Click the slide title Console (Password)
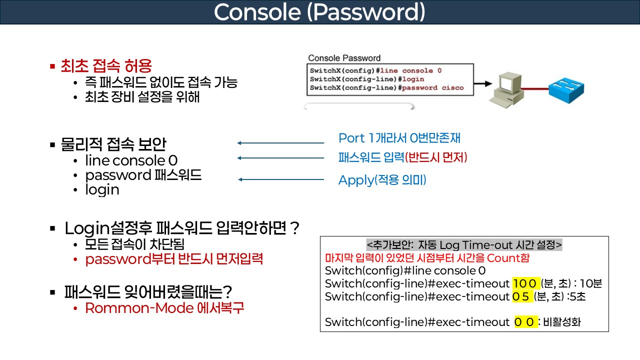(x=319, y=12)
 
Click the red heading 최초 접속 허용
(x=106, y=65)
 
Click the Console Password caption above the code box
(x=344, y=58)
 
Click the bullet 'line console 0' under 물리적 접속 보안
(x=131, y=160)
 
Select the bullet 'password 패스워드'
(x=143, y=175)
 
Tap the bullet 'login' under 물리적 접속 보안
(x=102, y=190)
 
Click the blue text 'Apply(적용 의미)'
(x=382, y=180)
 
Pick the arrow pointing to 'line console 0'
(x=280, y=158)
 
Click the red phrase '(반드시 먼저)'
(x=436, y=158)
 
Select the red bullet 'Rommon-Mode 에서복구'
(x=164, y=308)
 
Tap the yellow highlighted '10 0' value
(x=523, y=284)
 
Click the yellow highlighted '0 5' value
(x=521, y=296)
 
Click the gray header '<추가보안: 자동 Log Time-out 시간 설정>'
(x=464, y=245)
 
